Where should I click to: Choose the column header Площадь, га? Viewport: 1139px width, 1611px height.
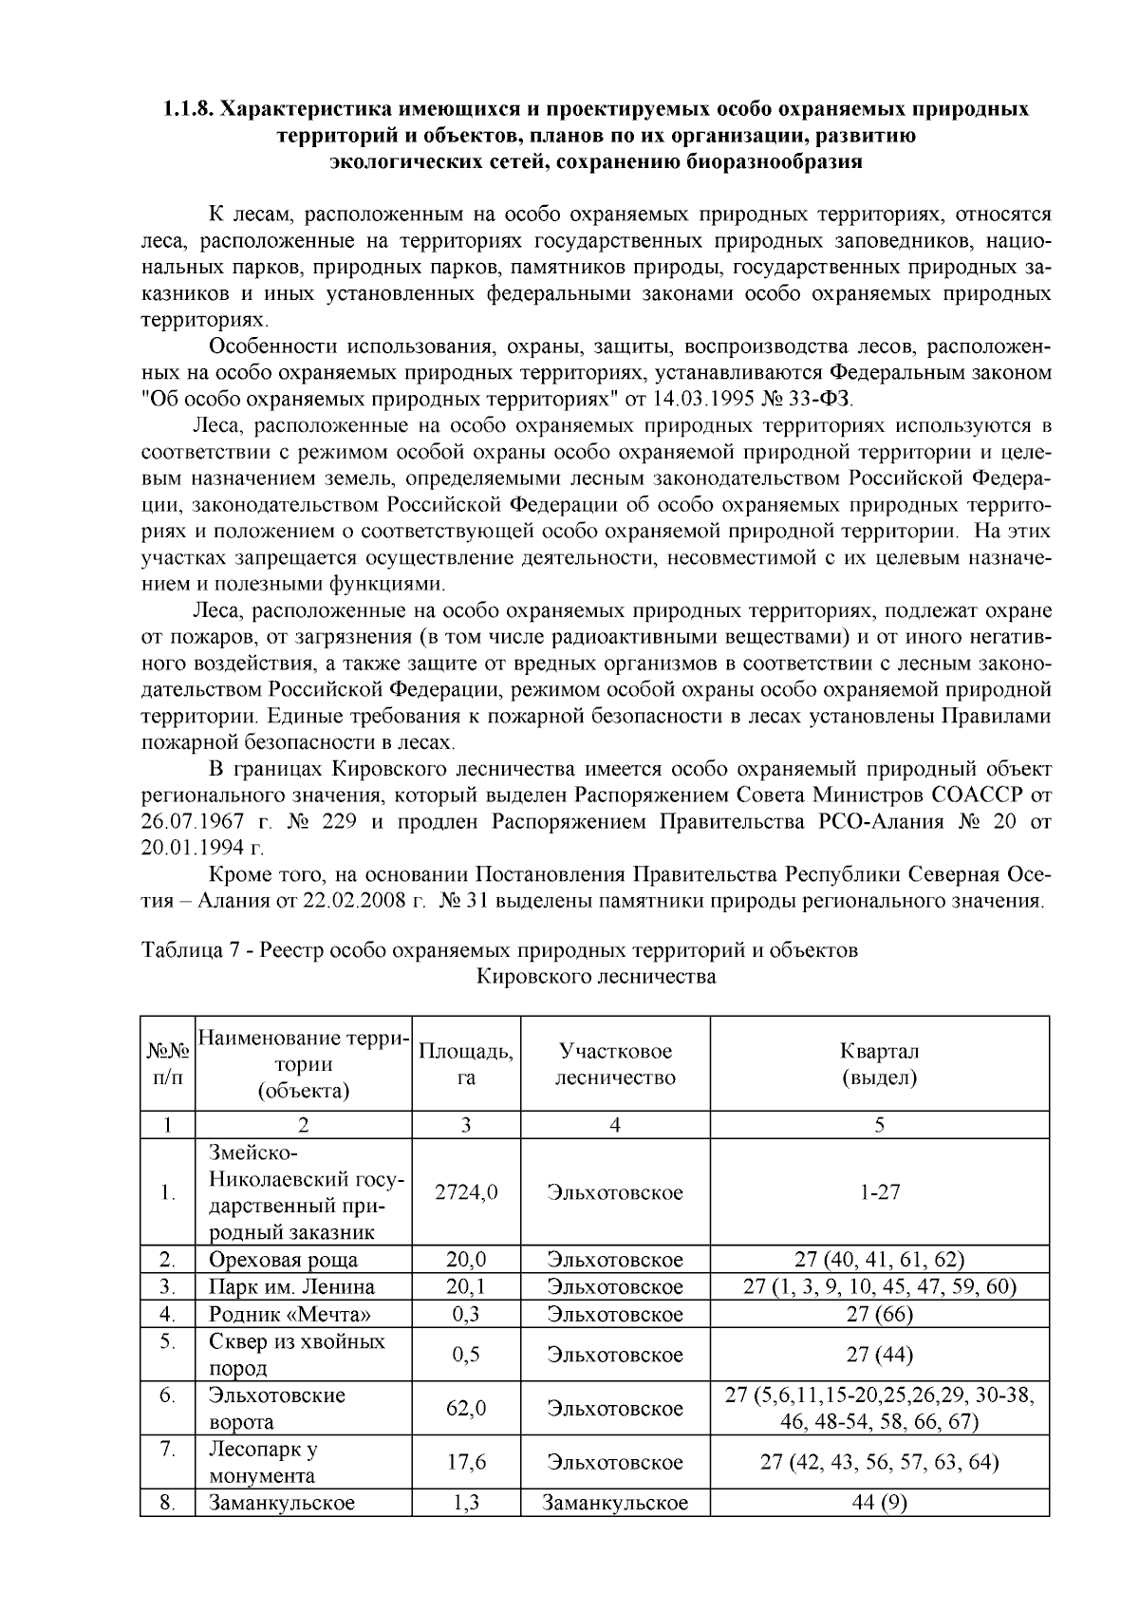(x=465, y=1064)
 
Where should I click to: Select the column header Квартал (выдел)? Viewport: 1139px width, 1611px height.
(x=879, y=1064)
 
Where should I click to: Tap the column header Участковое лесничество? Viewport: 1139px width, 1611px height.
(x=615, y=1064)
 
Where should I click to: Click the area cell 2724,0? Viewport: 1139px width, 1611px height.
(x=465, y=1192)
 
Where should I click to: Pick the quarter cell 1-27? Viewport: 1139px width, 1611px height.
(x=879, y=1192)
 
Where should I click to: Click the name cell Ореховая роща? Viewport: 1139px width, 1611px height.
(x=283, y=1261)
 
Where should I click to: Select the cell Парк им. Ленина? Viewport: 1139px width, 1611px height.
(x=291, y=1287)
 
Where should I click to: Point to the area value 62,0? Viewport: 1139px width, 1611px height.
(x=465, y=1409)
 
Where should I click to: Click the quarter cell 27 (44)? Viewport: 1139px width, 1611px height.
(x=879, y=1355)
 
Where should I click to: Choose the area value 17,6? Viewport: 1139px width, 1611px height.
(x=465, y=1463)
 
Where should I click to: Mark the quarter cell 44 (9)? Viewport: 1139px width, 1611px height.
(x=879, y=1504)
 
